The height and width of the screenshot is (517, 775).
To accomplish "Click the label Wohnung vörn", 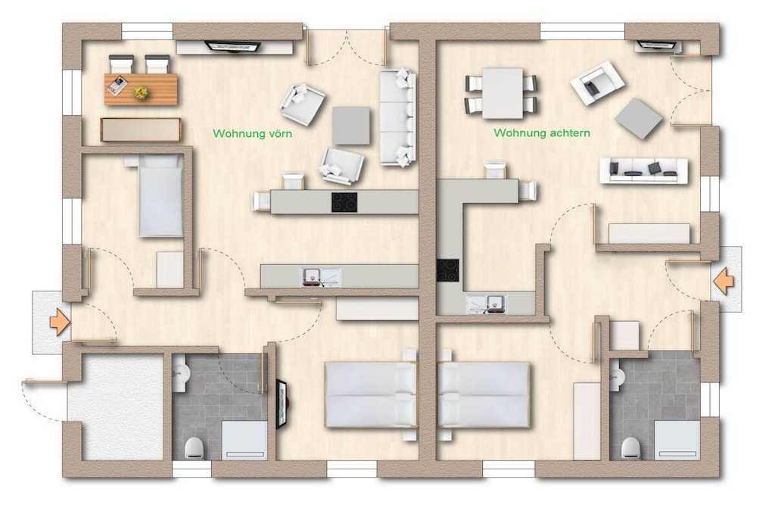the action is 252,133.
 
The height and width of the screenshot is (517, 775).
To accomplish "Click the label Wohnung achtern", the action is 542,133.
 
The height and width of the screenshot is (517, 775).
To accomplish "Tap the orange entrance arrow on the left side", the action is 60,322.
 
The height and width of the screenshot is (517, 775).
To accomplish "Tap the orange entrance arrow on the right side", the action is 724,282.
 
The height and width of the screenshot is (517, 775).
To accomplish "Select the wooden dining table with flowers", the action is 141,89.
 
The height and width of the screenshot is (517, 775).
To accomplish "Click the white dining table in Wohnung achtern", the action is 503,93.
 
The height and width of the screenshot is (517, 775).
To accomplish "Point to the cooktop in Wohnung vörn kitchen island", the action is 344,202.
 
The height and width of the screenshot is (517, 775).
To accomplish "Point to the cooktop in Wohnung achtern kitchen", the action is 447,270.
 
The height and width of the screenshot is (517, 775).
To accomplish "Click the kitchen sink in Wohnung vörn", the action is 321,277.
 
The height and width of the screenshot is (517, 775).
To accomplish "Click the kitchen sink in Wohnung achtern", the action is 487,304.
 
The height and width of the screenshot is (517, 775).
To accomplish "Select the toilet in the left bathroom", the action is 195,448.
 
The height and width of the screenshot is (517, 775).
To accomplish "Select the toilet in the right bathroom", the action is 630,448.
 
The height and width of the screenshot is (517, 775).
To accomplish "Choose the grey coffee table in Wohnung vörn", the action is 351,126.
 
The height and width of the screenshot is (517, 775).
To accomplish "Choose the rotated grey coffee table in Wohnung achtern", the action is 639,118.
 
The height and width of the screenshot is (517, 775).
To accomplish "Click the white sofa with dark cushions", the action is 643,171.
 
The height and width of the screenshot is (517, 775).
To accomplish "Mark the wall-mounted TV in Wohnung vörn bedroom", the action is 282,404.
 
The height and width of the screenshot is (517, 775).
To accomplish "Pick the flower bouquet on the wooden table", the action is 141,92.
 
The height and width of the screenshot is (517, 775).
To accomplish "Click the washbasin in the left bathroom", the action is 180,374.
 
